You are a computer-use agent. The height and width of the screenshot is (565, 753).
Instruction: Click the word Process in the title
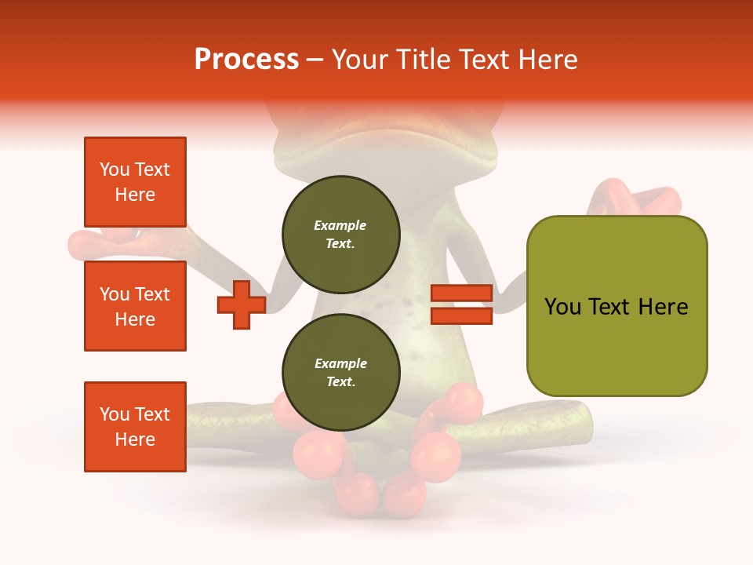pos(246,60)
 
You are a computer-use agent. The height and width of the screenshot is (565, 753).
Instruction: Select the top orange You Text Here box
pos(135,182)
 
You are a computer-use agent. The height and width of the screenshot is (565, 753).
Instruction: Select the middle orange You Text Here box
pos(135,306)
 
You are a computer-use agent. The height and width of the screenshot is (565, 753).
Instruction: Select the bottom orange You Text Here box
pos(135,427)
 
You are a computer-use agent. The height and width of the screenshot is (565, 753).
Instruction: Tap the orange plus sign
pos(242,304)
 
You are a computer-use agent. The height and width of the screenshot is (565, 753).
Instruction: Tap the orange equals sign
pos(461,304)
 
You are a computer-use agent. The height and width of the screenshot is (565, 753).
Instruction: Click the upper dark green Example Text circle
pos(341,234)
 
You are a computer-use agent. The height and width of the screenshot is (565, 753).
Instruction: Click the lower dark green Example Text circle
pos(341,372)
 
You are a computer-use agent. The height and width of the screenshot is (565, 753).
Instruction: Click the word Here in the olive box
pos(664,307)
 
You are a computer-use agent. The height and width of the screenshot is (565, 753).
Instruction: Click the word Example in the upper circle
pos(340,225)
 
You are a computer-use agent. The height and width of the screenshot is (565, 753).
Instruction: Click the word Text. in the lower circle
pos(340,382)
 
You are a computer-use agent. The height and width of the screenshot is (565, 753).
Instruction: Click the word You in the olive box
pos(563,307)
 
